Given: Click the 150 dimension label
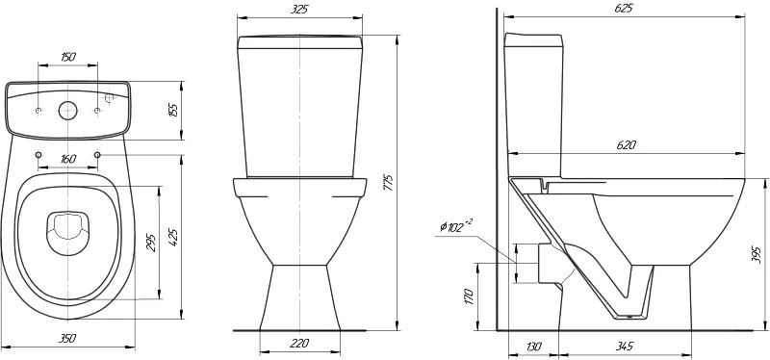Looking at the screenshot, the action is [68, 57].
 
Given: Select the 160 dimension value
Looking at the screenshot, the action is [68, 159].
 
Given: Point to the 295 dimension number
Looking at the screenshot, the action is [152, 244].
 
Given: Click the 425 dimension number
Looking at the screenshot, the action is [174, 237].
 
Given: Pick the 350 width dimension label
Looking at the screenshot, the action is [67, 339].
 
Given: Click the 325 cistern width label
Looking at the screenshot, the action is [299, 10].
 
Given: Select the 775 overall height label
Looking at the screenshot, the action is [389, 183].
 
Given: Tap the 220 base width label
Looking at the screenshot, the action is [299, 344].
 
